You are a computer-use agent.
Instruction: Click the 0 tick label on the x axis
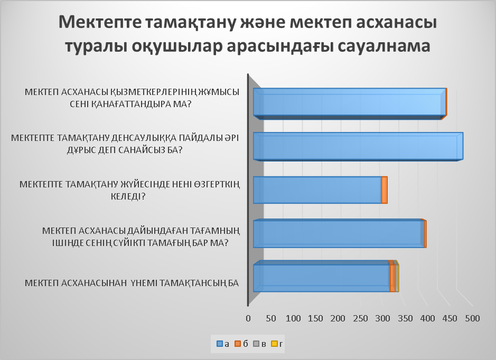coord(248,318)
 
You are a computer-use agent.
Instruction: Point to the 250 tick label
coord(360,318)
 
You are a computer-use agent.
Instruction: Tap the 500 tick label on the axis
coord(472,318)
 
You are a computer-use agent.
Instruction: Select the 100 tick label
coord(293,318)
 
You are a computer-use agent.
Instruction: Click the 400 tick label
coord(427,318)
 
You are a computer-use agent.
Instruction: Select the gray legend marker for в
coord(256,344)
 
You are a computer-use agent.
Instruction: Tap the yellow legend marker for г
coord(274,344)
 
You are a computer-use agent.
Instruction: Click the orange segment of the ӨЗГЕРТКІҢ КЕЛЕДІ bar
coord(385,190)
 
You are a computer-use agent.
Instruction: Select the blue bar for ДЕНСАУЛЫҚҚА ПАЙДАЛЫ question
coord(358,146)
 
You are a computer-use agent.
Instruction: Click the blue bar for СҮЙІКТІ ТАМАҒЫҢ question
coord(339,234)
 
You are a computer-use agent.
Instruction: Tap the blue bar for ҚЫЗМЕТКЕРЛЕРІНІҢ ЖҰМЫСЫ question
coord(350,103)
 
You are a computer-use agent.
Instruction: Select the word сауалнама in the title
coord(384,46)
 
